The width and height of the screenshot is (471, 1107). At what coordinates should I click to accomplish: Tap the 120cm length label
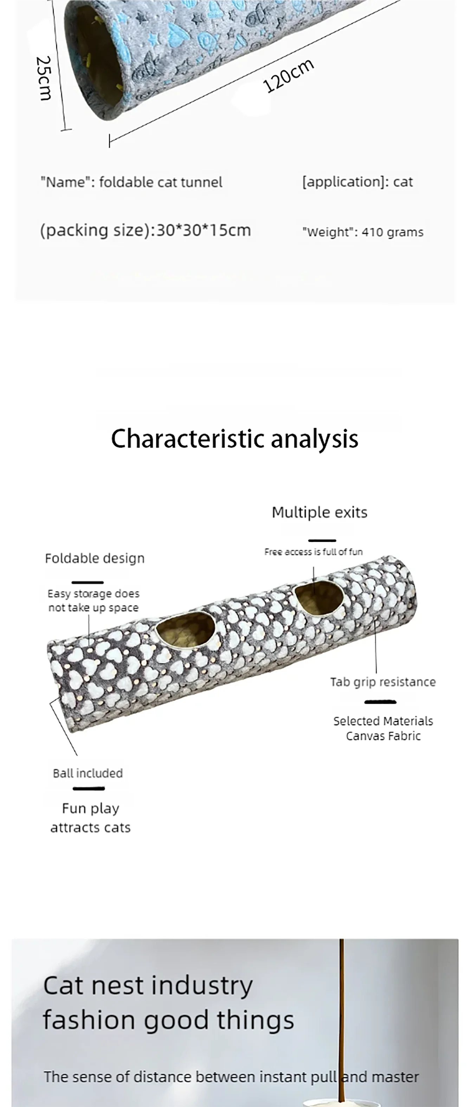[288, 76]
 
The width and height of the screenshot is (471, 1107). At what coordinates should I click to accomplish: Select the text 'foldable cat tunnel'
[161, 182]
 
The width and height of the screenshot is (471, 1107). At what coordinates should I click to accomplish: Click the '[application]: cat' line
[357, 182]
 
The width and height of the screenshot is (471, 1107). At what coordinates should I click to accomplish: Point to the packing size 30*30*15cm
[203, 230]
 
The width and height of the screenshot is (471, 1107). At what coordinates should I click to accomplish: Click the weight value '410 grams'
[392, 232]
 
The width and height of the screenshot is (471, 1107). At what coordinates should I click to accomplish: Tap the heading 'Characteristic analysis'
[235, 439]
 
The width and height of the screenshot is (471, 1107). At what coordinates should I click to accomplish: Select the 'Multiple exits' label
[319, 512]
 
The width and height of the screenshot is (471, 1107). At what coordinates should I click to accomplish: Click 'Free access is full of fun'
[313, 552]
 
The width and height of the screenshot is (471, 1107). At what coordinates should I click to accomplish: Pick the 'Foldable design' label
[95, 558]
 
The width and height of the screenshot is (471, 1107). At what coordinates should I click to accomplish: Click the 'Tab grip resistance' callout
[383, 682]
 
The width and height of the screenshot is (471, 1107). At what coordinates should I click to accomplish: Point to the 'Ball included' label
[88, 773]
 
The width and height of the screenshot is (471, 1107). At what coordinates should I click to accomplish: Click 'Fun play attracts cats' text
[90, 818]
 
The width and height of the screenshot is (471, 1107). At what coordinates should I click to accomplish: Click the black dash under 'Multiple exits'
[322, 540]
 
